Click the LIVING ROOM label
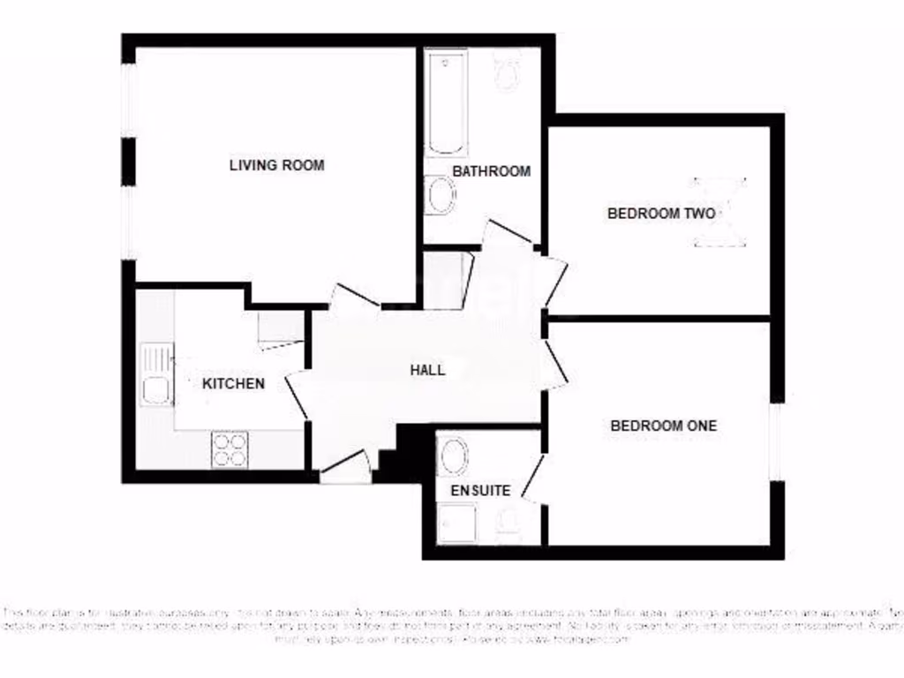[276, 165]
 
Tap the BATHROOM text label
[492, 171]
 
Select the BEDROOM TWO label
[661, 214]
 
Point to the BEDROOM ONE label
[664, 426]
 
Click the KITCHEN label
[234, 383]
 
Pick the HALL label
[428, 370]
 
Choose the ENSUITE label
[480, 490]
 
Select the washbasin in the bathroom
[440, 196]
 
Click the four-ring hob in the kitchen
[230, 450]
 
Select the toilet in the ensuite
[509, 526]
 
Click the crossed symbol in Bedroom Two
[719, 212]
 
